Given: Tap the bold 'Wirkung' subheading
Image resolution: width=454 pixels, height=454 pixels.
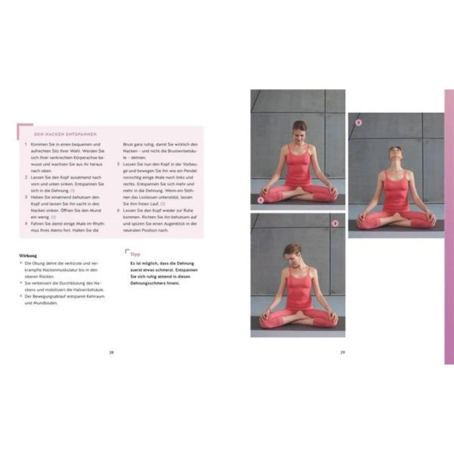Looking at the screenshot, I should pos(28,254).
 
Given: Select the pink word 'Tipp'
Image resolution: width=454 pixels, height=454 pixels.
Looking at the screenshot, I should pos(134,254).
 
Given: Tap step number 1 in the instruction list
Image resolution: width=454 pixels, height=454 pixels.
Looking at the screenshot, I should pos(25,144).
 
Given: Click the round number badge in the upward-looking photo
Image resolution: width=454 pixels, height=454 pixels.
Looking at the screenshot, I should pos(359,123).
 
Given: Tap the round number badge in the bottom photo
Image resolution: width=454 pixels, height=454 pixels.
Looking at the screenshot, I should pos(335,223).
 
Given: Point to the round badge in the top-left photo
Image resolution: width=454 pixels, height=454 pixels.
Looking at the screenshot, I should pos(261,199).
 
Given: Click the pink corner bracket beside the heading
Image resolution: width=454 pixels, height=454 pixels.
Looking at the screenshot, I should pos(22,128).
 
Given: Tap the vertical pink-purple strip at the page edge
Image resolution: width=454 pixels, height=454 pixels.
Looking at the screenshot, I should pos(449,227).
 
